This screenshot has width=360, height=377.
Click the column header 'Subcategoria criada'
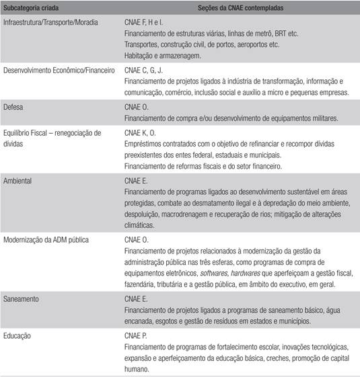pyautogui.click(x=30, y=7)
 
